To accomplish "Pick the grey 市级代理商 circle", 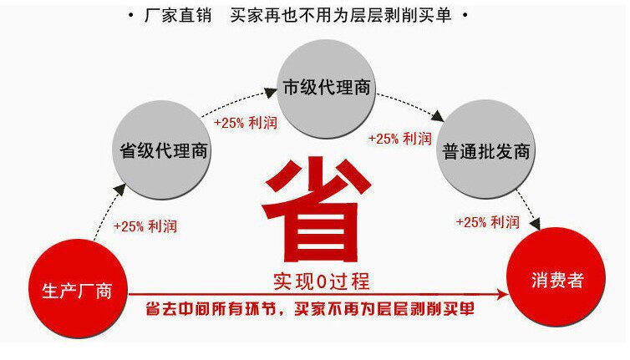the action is [326, 88].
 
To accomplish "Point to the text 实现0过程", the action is [321, 280].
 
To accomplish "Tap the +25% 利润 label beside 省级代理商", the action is [246, 122].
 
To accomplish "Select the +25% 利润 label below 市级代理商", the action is [400, 139].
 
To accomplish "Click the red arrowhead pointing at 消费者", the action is [503, 293].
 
